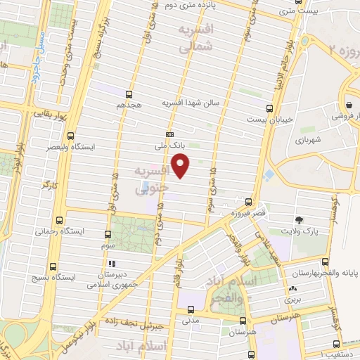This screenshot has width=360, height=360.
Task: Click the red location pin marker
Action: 181,166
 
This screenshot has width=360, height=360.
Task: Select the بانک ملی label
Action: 169,146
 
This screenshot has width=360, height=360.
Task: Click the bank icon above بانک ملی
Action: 169,134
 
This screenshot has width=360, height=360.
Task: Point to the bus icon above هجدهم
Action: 129,94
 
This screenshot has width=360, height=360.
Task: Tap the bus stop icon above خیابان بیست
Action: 269,108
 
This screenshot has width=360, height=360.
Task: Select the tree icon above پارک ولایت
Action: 301,220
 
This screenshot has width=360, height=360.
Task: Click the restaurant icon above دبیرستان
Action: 112,264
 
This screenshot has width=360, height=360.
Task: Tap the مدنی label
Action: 190,321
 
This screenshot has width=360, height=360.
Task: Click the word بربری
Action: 292,299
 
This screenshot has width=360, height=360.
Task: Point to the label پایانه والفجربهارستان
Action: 323,271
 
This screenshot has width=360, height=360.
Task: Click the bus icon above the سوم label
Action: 108,234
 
